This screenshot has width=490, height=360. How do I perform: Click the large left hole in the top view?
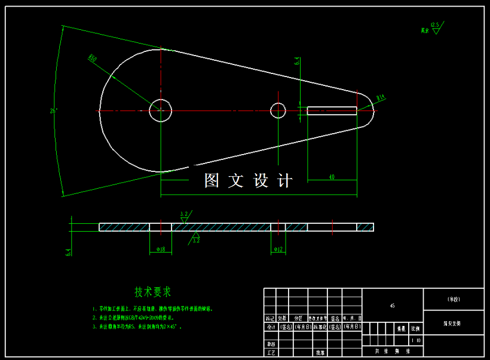160,110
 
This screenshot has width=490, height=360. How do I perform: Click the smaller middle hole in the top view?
278,110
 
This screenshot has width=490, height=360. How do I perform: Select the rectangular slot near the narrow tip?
332,110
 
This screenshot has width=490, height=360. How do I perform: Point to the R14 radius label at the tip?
381,97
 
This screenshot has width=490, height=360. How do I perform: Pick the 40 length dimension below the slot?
332,177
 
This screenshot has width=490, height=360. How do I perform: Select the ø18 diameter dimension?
160,249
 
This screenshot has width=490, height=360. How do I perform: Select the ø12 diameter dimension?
278,249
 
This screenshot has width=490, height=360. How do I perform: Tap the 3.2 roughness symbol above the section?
184,214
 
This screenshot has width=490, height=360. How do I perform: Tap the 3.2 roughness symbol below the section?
195,239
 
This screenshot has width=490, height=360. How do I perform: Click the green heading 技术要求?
152,293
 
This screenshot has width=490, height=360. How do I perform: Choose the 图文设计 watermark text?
248,180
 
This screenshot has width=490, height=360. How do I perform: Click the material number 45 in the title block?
392,306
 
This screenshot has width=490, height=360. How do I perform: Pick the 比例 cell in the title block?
415,329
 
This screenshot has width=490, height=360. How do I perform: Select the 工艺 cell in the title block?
271,353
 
